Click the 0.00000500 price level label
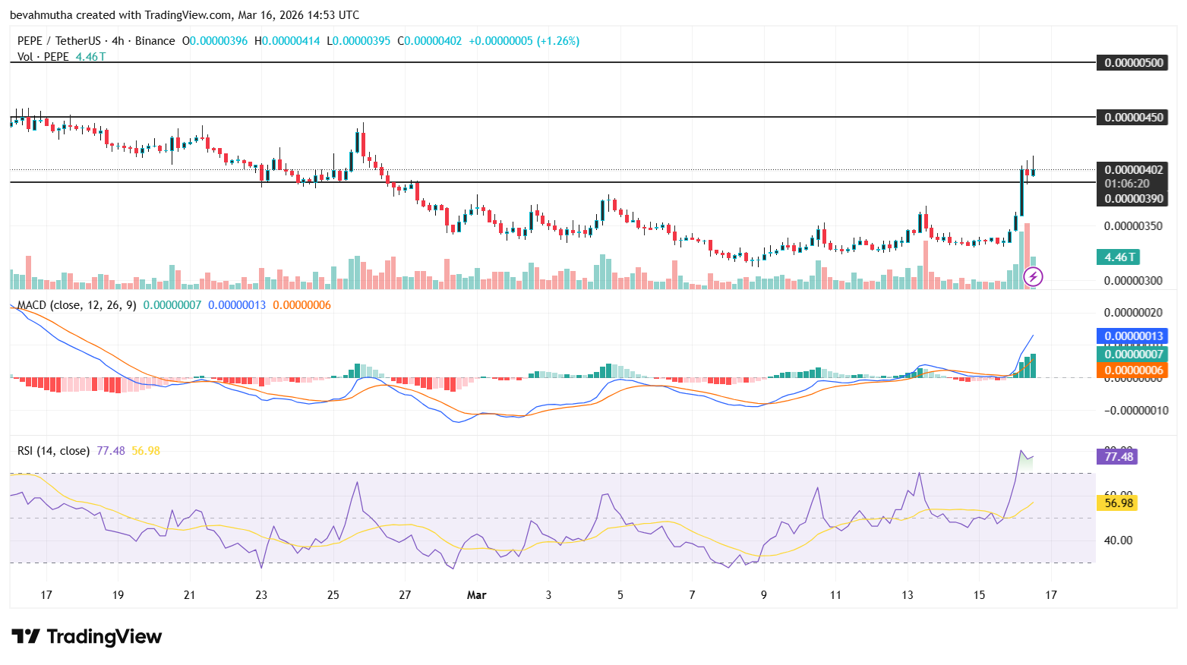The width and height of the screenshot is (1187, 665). (x=1133, y=63)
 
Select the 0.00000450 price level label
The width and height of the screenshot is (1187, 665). (x=1133, y=118)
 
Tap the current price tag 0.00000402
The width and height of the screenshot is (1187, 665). (x=1133, y=170)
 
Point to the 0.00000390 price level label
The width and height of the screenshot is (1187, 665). (x=1133, y=199)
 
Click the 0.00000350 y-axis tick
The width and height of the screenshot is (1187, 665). (x=1133, y=226)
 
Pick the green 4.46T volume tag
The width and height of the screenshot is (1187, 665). (x=1119, y=257)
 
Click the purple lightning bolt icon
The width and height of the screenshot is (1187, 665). (x=1033, y=277)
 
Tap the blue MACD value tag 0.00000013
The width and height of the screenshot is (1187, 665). (x=1133, y=336)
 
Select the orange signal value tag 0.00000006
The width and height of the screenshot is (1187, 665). (x=1133, y=370)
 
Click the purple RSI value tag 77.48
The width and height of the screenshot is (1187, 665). (x=1118, y=456)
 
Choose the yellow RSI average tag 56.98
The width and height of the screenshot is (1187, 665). (x=1118, y=503)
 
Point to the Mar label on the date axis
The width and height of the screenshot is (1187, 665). (x=476, y=595)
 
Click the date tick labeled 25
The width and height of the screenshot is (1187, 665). (x=333, y=595)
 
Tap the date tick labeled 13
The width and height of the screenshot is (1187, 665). (x=907, y=595)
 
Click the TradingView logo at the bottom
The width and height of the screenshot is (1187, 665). (x=87, y=636)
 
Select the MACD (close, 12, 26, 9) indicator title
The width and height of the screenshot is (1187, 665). (x=77, y=305)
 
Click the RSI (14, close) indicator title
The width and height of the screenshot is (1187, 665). (x=53, y=451)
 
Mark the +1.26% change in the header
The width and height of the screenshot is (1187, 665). (x=558, y=41)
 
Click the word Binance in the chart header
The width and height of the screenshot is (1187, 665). (x=155, y=41)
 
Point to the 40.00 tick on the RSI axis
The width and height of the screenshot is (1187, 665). (x=1118, y=541)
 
